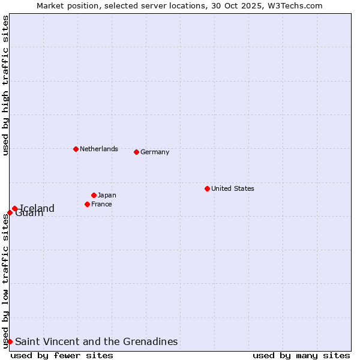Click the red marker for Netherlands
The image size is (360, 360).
coord(76,149)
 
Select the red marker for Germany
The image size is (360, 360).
coord(136,152)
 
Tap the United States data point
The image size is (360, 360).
coord(207,188)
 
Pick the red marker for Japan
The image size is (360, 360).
coord(94,195)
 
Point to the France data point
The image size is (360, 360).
coord(87,204)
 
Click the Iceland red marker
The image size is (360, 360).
coord(14,209)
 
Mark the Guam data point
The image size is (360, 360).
coord(10,212)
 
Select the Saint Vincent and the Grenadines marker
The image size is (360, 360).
coord(10,341)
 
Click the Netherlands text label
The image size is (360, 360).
coord(99,149)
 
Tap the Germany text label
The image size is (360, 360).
coord(155,152)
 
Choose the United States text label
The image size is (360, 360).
coord(233,188)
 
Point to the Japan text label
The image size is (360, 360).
coord(107,195)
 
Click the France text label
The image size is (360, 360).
coord(101,204)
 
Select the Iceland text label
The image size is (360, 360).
coord(37,208)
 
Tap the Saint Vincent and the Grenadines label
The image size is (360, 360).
coord(96,341)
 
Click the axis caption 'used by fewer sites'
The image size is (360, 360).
coord(62,355)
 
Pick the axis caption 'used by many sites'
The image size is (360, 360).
coord(301,355)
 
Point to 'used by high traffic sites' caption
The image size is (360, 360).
coord(5,85)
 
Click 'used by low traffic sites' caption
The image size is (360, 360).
coord(5,280)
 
